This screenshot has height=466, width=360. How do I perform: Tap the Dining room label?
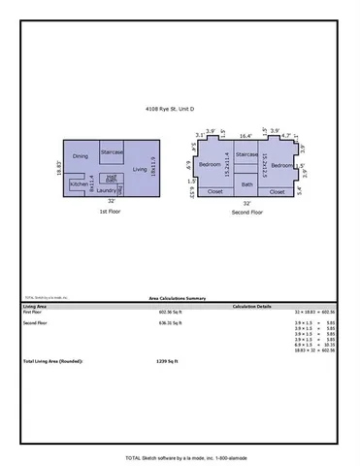tap(81, 155)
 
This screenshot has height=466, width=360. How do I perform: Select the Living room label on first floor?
tap(139, 169)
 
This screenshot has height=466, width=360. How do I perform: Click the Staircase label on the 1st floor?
tap(112, 139)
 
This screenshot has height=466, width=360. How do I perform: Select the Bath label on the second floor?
tap(246, 183)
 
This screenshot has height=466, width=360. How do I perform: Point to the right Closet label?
tap(277, 191)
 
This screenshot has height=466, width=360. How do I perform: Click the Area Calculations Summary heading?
tap(179, 299)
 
